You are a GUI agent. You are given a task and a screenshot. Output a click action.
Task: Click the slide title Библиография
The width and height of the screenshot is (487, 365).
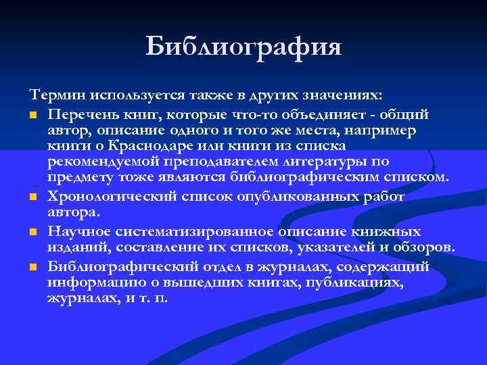(243, 47)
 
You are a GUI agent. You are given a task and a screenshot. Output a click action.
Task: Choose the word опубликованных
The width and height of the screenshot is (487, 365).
(301, 197)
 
